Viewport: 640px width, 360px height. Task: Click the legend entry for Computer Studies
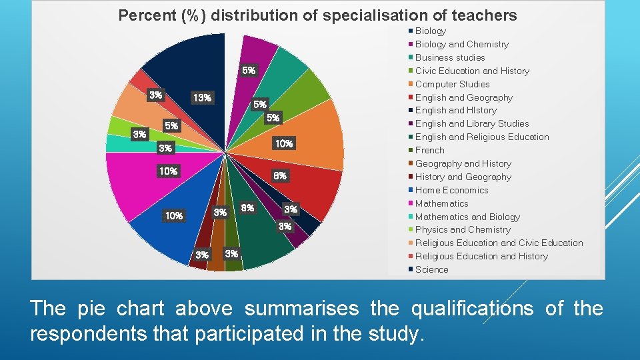(x=452, y=84)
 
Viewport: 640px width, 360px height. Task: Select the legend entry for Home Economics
(x=451, y=190)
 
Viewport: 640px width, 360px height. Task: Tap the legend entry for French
(x=429, y=150)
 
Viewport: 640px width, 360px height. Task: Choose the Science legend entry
(x=431, y=269)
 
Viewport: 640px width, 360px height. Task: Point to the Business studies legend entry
(x=450, y=57)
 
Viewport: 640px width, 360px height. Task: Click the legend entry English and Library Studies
(x=471, y=123)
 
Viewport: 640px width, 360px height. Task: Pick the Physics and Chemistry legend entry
(x=463, y=229)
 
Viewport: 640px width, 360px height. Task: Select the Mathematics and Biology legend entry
(x=467, y=217)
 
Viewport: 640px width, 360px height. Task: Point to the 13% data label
(x=201, y=98)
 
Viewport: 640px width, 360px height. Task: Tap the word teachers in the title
(x=492, y=15)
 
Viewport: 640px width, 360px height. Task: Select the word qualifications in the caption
(x=471, y=309)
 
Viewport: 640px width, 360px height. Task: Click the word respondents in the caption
(x=108, y=333)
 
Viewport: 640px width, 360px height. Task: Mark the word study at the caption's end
(x=399, y=333)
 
